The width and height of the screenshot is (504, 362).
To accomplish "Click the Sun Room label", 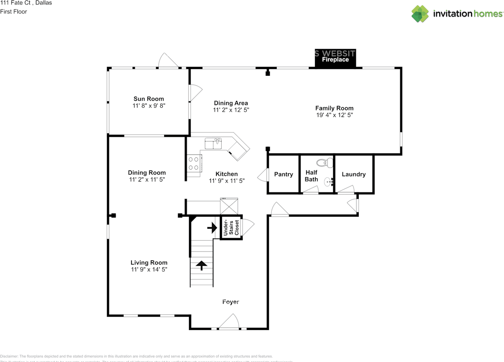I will click(x=148, y=99).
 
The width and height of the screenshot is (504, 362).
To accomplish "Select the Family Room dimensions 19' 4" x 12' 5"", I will click(x=334, y=115).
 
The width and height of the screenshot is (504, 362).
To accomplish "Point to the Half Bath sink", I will click(x=328, y=182).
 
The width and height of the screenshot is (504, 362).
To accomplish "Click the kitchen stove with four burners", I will click(x=193, y=163).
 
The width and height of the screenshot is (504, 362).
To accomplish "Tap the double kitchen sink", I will click(x=214, y=144).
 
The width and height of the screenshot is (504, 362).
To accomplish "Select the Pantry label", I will click(x=283, y=174).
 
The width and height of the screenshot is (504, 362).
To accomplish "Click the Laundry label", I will click(x=354, y=174).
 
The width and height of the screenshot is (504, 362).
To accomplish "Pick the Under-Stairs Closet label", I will click(x=231, y=228).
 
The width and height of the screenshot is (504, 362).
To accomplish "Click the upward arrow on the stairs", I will click(x=202, y=265).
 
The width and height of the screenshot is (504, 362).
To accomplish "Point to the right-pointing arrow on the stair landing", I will click(x=212, y=228).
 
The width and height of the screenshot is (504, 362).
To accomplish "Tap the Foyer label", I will click(x=230, y=302).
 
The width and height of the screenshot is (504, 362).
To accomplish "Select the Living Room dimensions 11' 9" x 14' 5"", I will click(x=149, y=269).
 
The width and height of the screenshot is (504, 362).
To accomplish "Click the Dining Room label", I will click(x=147, y=173).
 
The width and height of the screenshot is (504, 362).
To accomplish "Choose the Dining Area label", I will click(x=231, y=103).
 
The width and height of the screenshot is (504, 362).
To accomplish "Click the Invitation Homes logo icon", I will click(x=420, y=14).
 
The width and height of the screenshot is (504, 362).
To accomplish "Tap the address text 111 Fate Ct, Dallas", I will click(x=26, y=3).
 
